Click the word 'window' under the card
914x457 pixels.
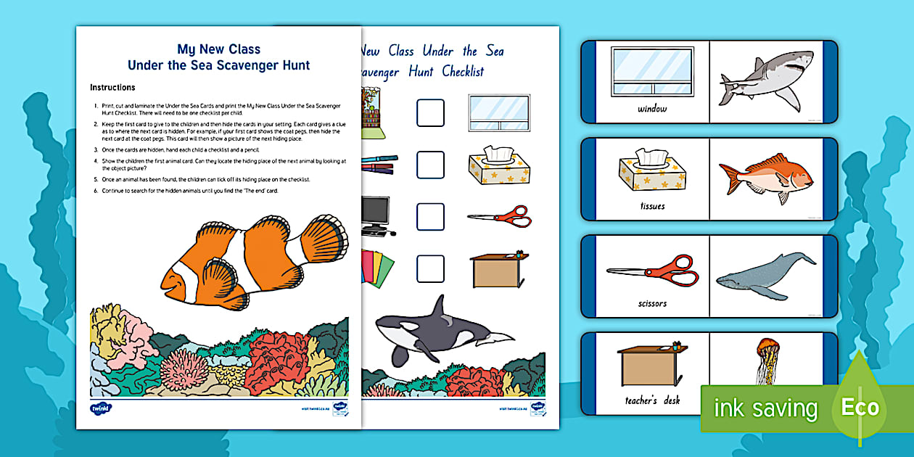coord(652,110)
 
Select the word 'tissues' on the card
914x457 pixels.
coord(652,206)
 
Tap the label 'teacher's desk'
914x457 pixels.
coord(652,400)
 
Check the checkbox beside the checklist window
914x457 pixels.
coord(430,113)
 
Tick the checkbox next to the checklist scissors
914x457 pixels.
coord(430,216)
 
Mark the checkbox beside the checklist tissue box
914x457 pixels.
coord(430,165)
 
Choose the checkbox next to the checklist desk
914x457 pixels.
coord(430,268)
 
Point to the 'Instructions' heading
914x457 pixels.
coord(112,88)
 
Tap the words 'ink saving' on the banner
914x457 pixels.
coord(765,408)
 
